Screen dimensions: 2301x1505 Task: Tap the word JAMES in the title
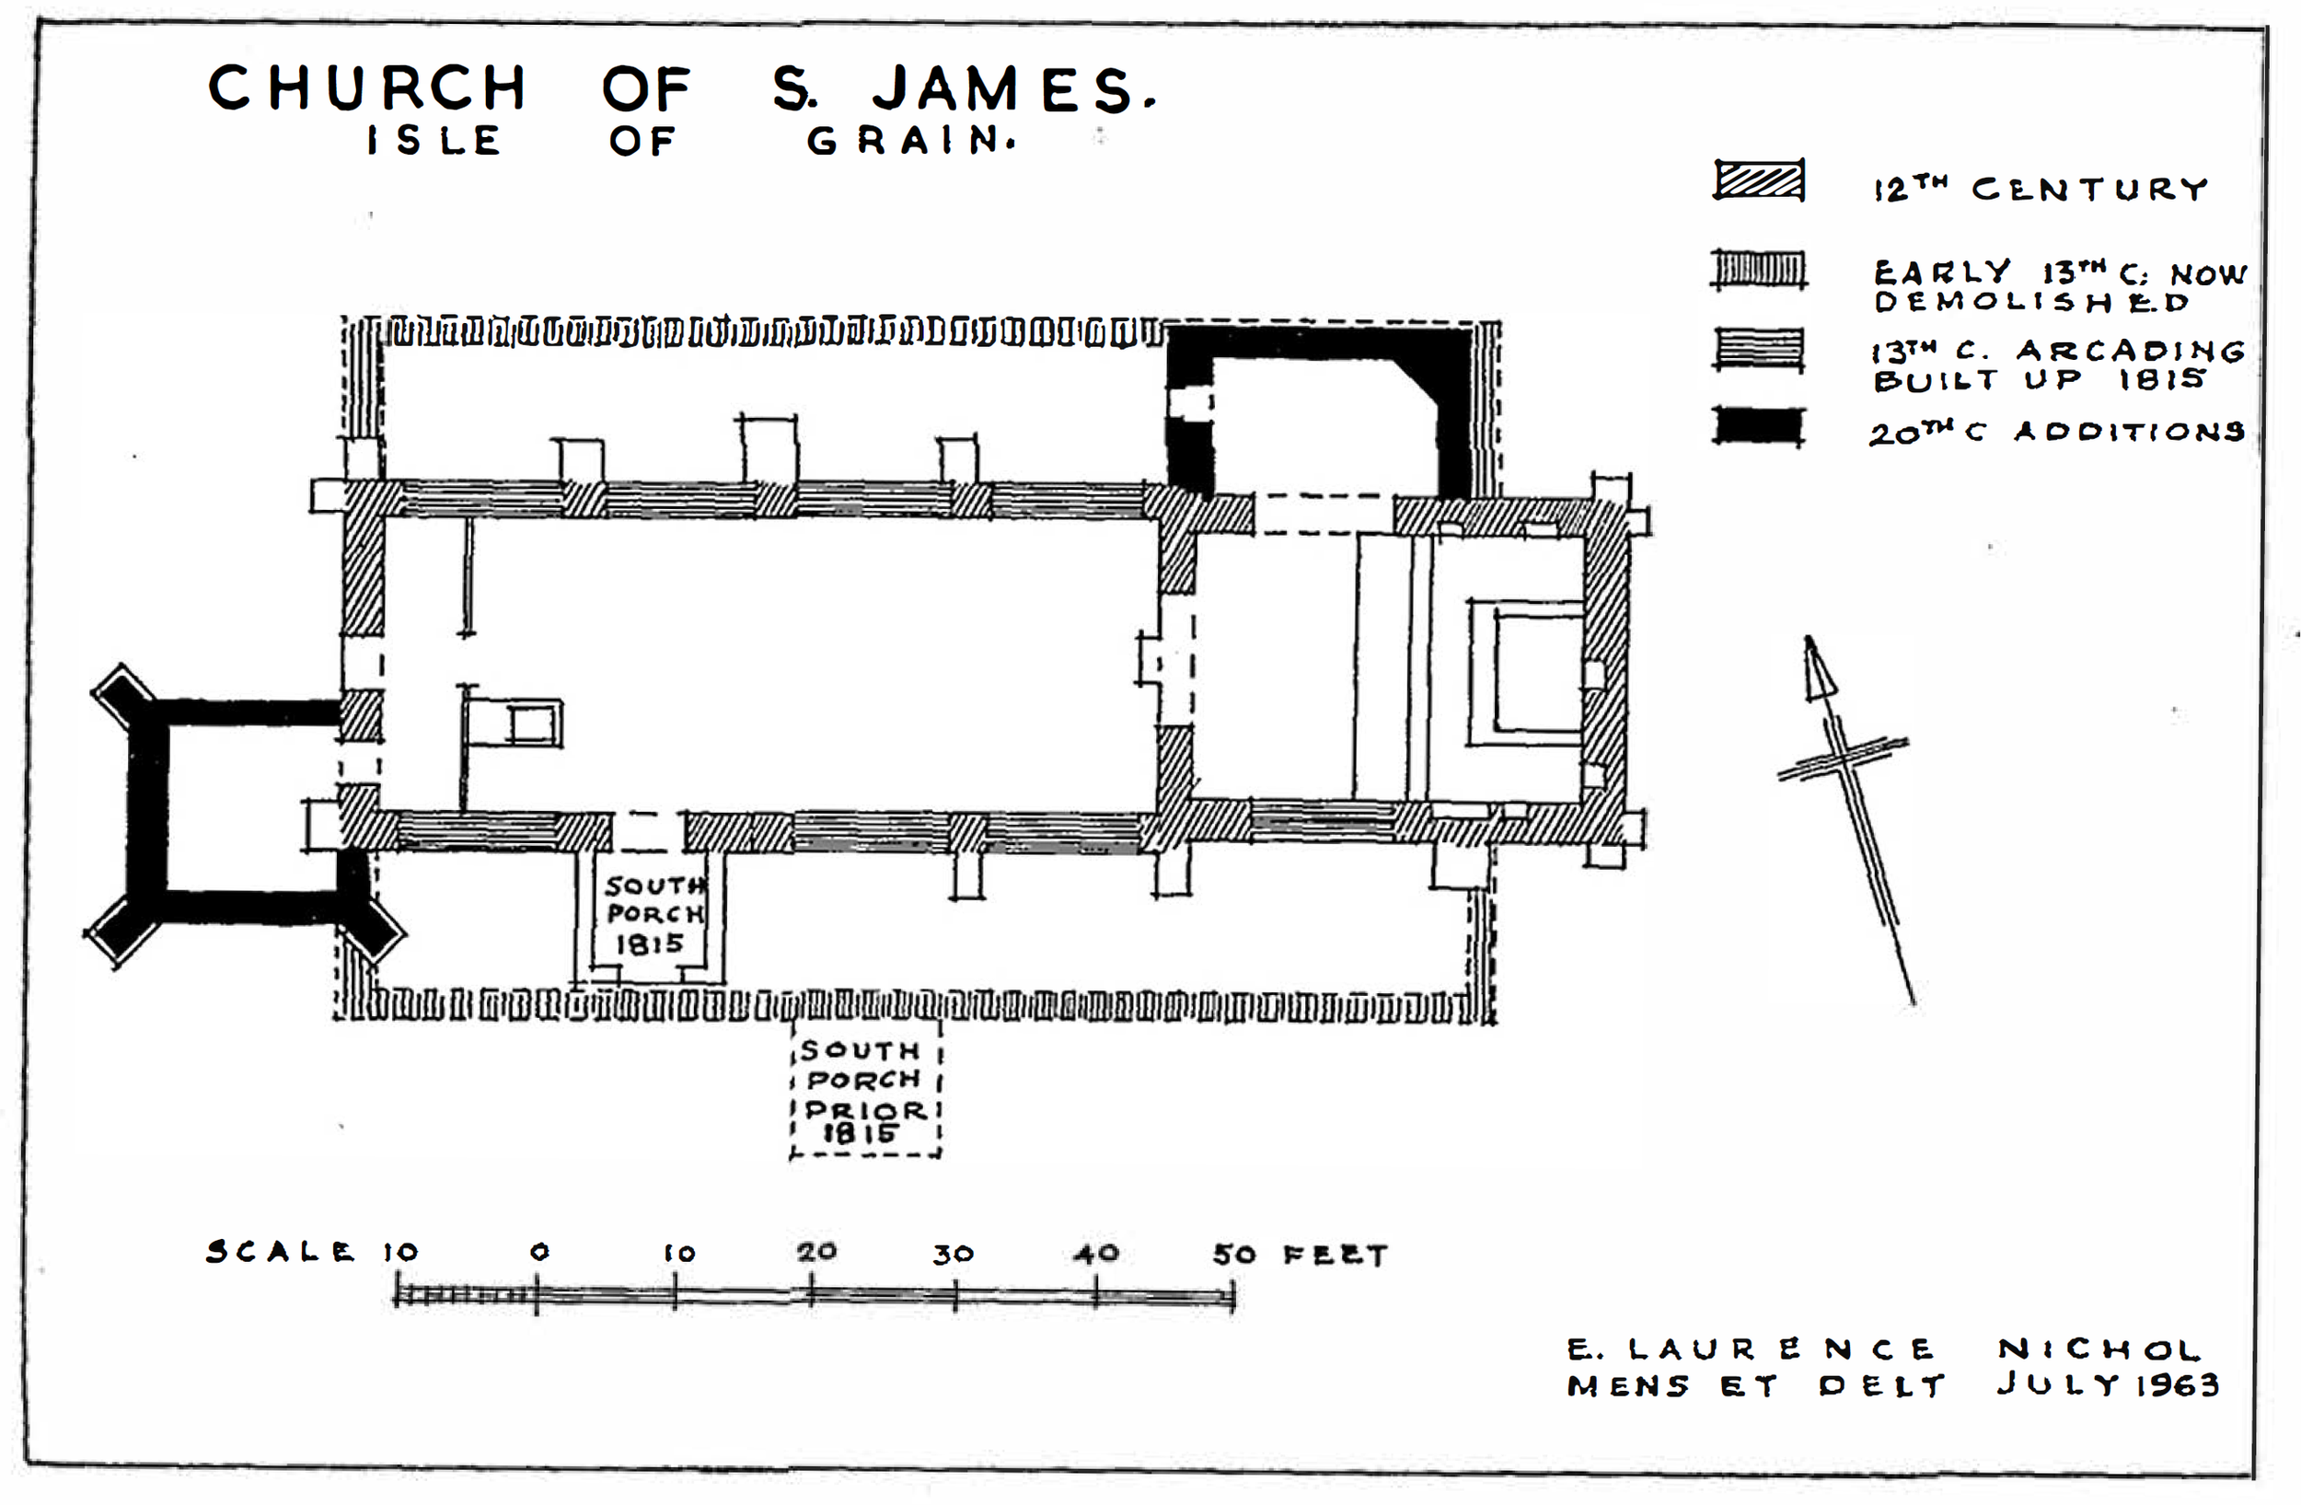(1013, 89)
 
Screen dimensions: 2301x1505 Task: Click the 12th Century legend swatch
(1759, 179)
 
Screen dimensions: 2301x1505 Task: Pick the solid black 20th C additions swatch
(1759, 426)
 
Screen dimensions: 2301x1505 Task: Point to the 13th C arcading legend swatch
(1759, 349)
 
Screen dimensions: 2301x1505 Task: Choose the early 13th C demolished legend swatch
(1759, 270)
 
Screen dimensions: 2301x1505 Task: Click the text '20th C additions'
(2056, 431)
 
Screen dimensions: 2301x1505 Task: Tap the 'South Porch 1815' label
(654, 914)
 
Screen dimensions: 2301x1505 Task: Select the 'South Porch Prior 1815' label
(864, 1092)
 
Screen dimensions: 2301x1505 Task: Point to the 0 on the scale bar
(539, 1252)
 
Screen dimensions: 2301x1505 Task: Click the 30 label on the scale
(953, 1255)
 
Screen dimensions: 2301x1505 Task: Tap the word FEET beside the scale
(1336, 1255)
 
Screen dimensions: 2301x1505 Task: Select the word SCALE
(280, 1252)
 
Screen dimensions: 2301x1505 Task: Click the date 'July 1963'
(2108, 1384)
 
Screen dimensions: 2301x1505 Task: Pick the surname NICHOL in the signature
(2099, 1349)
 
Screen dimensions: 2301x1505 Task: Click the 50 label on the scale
(1234, 1255)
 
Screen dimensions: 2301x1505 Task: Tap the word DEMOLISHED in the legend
(2031, 302)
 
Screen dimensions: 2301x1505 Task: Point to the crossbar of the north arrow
(1843, 758)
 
